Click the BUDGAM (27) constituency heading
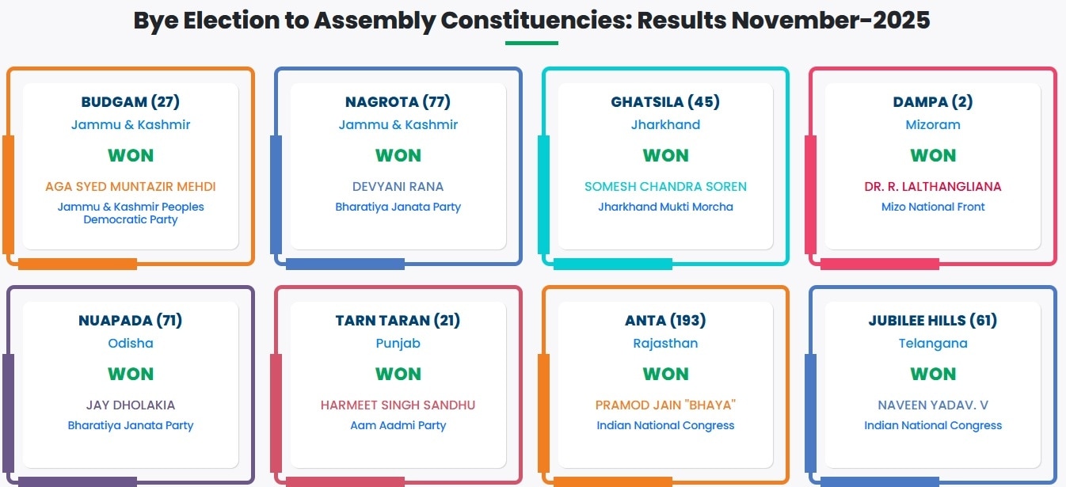131,102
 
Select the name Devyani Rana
398,187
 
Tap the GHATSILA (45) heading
665,102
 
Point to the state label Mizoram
933,125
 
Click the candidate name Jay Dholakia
131,405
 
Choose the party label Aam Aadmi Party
398,425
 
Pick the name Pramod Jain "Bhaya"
665,405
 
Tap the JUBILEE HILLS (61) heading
933,321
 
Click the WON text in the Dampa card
933,156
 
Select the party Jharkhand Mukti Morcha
665,207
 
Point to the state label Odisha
131,343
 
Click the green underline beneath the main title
531,44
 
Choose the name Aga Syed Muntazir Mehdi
131,187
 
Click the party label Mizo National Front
933,207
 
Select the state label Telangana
933,343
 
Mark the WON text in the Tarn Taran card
398,375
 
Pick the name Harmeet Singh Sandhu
398,405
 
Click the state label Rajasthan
665,343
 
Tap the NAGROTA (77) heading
398,102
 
